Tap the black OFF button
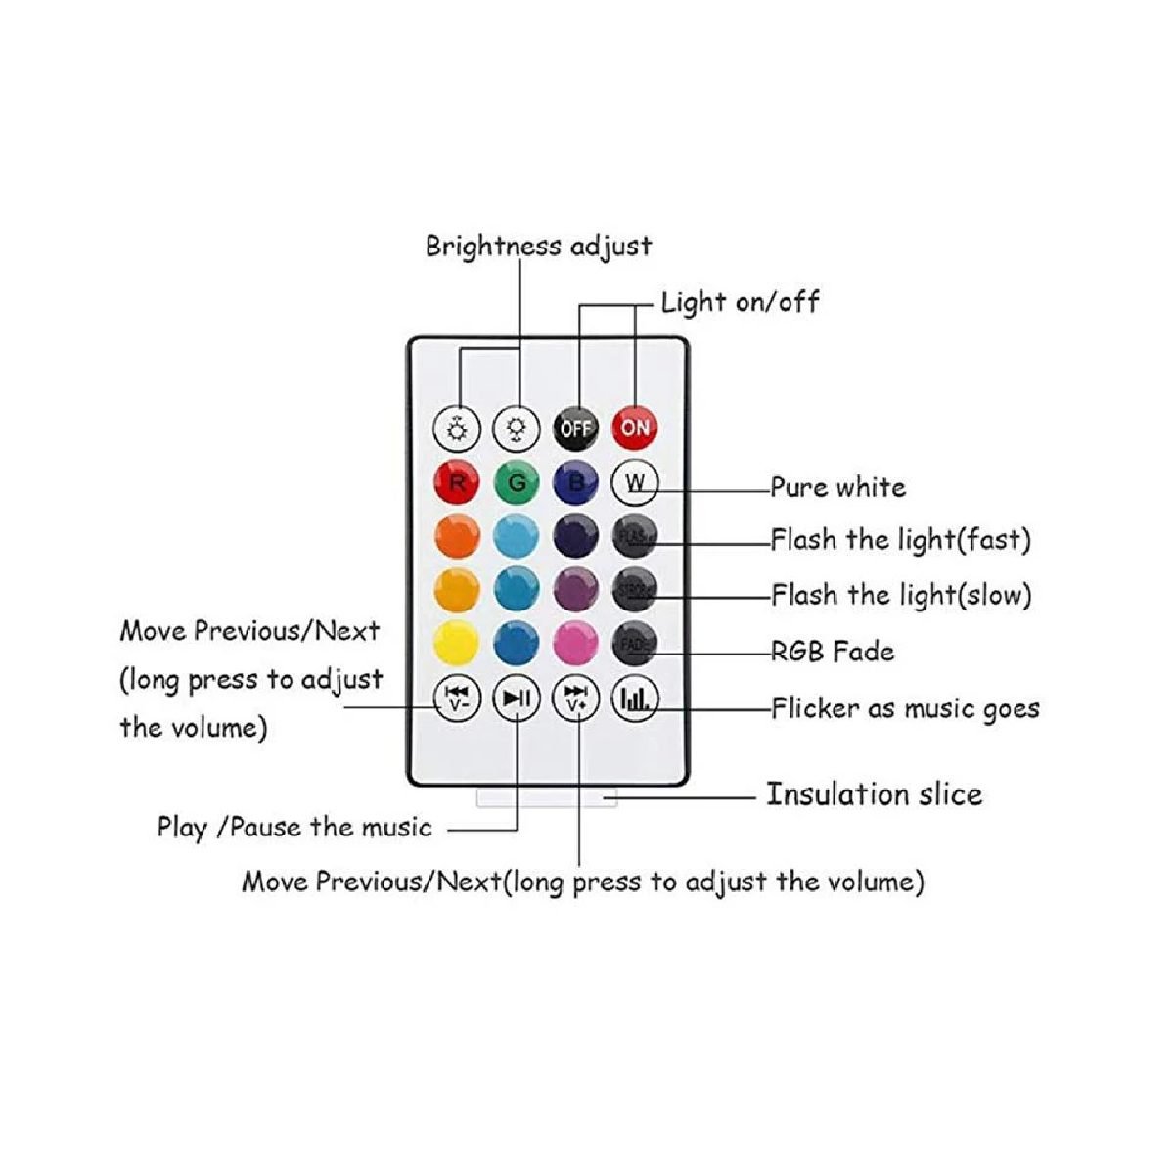pos(576,428)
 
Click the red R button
pos(457,482)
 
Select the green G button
pos(517,482)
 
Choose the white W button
pos(635,482)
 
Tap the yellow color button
pos(457,643)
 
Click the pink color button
pos(575,643)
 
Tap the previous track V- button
pos(457,698)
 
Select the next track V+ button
pos(576,698)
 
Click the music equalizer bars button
pos(635,698)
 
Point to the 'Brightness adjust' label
pos(538,246)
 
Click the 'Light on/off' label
pos(740,301)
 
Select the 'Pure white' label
pos(837,487)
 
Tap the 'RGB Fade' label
pos(833,652)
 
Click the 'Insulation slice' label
pos(874,794)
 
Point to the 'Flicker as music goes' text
pos(905,708)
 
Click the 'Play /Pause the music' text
pos(294,828)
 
